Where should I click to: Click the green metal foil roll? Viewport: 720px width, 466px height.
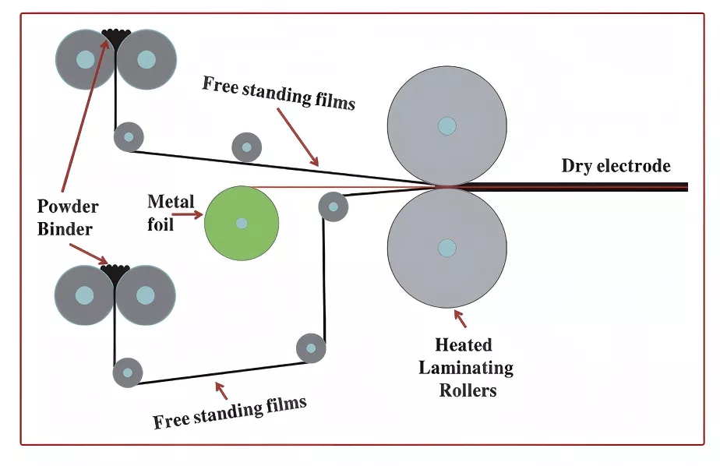(242, 223)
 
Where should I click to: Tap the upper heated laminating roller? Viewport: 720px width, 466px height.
(446, 125)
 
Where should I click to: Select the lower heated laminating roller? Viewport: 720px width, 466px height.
(446, 248)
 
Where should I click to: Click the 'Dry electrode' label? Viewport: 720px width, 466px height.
(616, 166)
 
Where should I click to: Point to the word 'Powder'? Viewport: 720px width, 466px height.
(68, 207)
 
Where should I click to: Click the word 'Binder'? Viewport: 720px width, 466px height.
(65, 228)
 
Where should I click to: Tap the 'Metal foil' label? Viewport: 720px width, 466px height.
(171, 213)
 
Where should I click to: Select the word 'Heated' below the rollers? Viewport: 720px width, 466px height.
(464, 344)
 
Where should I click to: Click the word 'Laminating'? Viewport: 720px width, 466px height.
(466, 368)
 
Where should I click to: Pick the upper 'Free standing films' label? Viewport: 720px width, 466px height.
(279, 94)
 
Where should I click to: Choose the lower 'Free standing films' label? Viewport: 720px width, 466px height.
(230, 412)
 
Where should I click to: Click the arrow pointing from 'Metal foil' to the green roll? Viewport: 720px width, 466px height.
(187, 214)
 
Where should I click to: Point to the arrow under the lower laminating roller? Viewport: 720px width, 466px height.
(460, 319)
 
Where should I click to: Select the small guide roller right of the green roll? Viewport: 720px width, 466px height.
(334, 207)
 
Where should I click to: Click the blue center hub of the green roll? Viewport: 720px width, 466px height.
(242, 223)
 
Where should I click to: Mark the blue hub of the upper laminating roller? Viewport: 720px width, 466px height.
(446, 125)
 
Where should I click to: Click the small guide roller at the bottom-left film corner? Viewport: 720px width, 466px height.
(128, 372)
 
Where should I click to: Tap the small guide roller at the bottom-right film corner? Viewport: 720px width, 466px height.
(312, 348)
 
